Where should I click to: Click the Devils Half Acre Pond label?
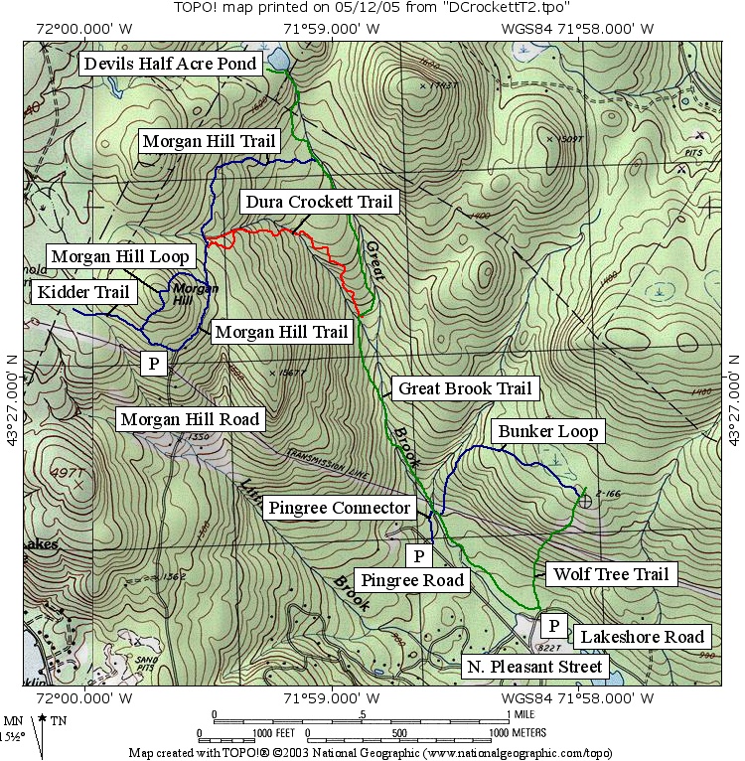[171, 65]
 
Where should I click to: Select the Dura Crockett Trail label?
[319, 202]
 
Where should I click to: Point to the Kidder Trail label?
[83, 292]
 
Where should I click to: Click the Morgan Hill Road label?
[190, 419]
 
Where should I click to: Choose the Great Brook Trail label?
[464, 388]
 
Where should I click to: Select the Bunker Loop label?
[548, 431]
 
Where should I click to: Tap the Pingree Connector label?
[339, 508]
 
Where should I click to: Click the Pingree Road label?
[412, 580]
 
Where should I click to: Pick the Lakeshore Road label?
[642, 637]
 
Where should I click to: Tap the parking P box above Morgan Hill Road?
[154, 364]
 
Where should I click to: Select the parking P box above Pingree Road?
[419, 554]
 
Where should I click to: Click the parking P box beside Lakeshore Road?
[553, 626]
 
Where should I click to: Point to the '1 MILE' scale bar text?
[521, 714]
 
